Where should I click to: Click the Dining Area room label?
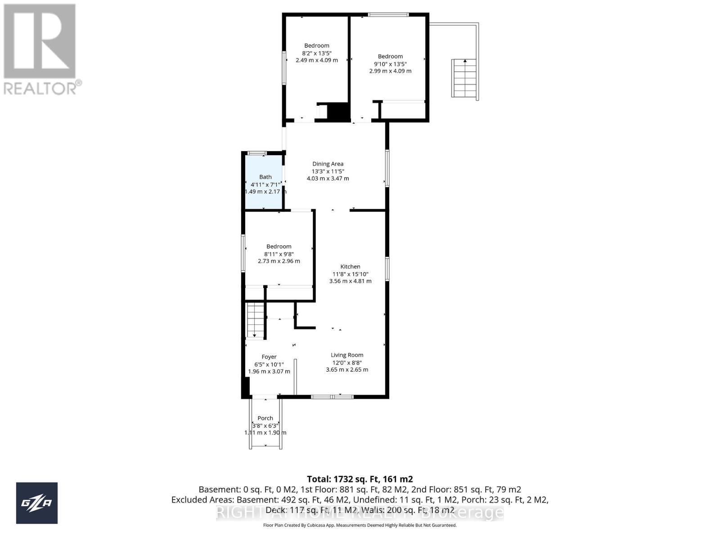point(328,164)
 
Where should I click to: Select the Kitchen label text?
point(350,266)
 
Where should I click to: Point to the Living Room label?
point(347,355)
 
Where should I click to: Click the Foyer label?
point(269,357)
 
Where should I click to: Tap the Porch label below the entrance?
point(265,418)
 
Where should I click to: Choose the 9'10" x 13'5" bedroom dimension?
point(390,63)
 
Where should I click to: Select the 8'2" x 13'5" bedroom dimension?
point(316,53)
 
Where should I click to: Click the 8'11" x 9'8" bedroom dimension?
point(279,254)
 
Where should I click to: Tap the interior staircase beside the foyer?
point(255,320)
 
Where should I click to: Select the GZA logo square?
point(37,503)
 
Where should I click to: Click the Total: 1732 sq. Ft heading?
point(360,479)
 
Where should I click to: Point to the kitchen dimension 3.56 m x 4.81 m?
point(350,281)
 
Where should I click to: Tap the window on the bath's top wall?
point(257,153)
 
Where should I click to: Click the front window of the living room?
point(332,396)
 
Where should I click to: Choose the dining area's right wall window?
point(387,168)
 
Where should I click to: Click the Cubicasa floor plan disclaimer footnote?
point(360,525)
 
